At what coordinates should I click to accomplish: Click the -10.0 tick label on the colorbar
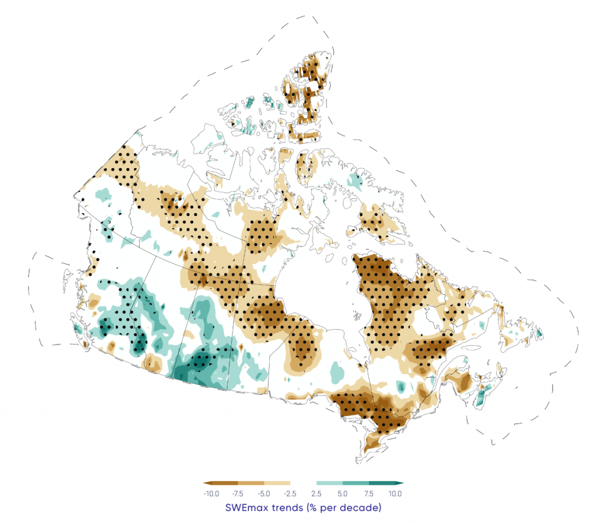211,494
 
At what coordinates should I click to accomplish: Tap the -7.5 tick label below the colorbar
238,494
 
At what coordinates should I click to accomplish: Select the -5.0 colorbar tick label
264,494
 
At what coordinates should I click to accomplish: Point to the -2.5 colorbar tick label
290,494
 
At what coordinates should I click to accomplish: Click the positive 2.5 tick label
317,494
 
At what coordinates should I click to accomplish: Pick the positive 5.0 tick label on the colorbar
343,494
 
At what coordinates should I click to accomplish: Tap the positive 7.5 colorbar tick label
369,494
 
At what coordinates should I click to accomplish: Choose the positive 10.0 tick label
395,494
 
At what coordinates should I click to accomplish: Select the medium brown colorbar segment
251,484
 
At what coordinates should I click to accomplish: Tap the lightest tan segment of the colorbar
277,484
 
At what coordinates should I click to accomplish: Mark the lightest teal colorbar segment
330,484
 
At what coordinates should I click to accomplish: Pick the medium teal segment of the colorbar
356,484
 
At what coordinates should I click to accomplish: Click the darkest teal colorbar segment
382,484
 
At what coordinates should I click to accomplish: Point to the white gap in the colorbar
303,484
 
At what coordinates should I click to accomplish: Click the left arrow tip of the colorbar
205,484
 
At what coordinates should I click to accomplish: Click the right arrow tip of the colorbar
402,484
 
